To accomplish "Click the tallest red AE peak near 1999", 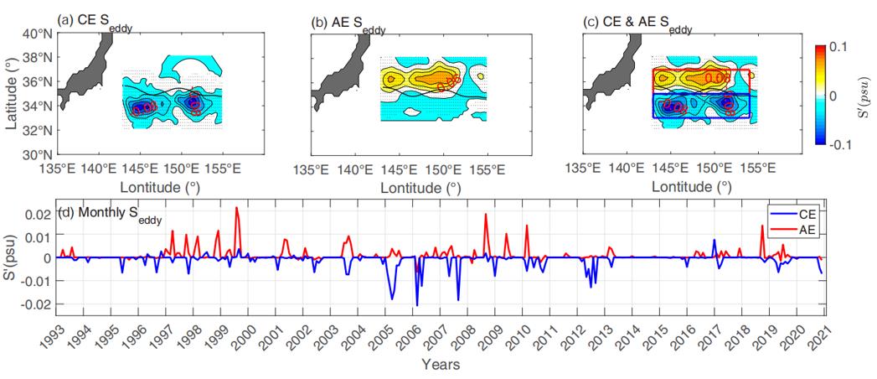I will point(237,208).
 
